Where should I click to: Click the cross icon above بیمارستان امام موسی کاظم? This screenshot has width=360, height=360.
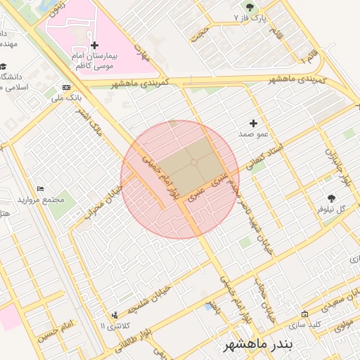pyautogui.click(x=95, y=46)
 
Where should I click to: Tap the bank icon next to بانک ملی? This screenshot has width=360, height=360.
pyautogui.click(x=67, y=88)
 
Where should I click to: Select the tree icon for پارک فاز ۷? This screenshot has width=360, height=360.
pyautogui.click(x=236, y=13)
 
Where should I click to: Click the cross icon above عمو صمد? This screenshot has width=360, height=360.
pyautogui.click(x=253, y=123)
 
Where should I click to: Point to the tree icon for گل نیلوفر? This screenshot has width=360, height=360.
pyautogui.click(x=331, y=198)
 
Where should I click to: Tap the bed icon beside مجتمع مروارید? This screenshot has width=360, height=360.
pyautogui.click(x=41, y=189)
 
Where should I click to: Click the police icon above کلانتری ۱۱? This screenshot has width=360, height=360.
pyautogui.click(x=115, y=315)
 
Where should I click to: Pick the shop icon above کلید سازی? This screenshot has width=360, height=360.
pyautogui.click(x=304, y=314)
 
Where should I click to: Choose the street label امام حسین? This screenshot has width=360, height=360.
pyautogui.click(x=57, y=328)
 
